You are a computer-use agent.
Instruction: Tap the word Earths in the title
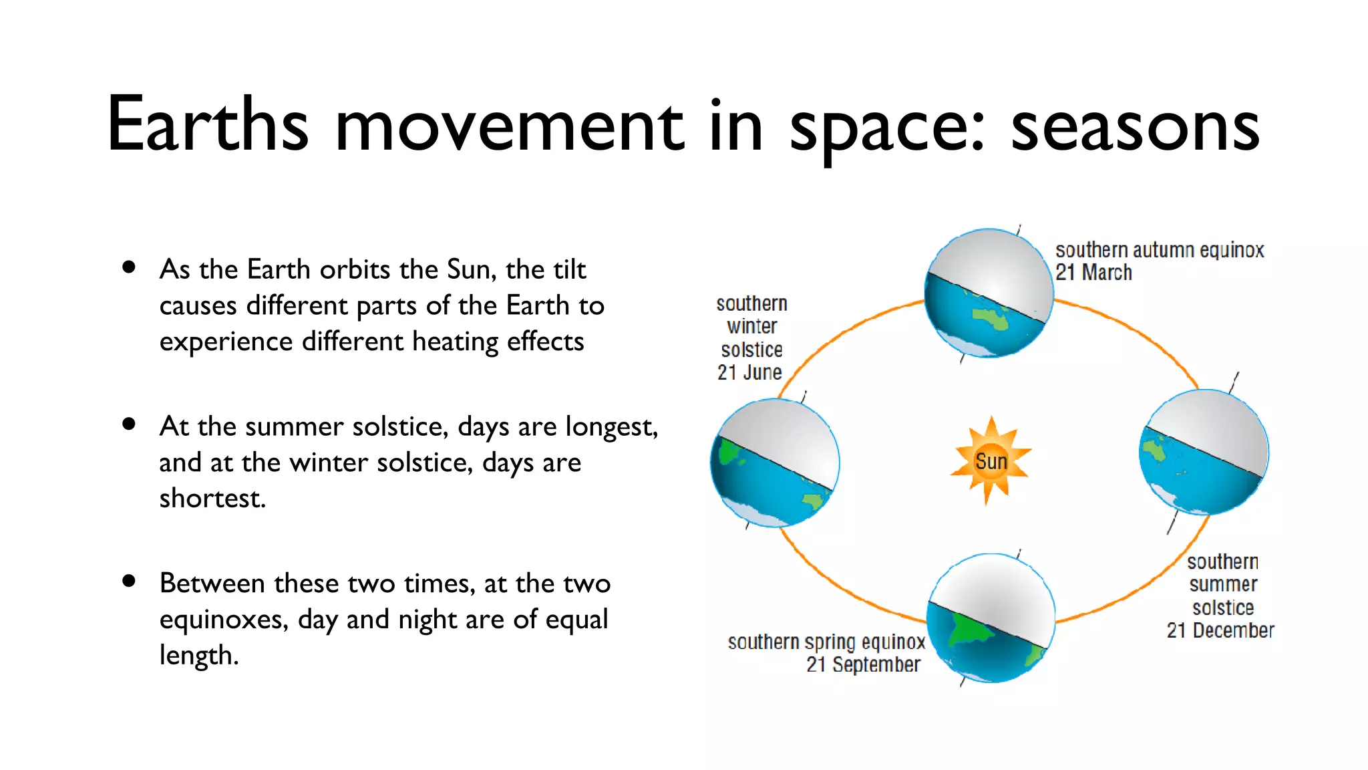(x=208, y=124)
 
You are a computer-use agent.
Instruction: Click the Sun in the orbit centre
(x=991, y=461)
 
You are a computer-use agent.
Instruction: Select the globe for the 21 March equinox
(x=989, y=293)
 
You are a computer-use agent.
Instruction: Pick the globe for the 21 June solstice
(x=775, y=463)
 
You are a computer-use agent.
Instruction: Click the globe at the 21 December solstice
(x=1204, y=453)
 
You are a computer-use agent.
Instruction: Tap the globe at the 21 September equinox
(x=991, y=618)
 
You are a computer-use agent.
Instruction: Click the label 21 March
(x=1093, y=273)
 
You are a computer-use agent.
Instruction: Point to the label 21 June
(x=749, y=372)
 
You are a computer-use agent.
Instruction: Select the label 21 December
(x=1220, y=630)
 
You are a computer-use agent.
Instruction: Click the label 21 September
(x=863, y=664)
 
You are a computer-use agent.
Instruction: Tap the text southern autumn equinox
(x=1160, y=250)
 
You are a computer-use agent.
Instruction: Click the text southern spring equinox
(x=826, y=642)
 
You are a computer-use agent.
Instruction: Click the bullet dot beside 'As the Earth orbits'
(x=129, y=267)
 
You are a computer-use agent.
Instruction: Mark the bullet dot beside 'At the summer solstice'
(x=129, y=424)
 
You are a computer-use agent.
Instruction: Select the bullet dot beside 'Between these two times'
(x=129, y=581)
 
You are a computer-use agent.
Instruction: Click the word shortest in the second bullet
(x=212, y=498)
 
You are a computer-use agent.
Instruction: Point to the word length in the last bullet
(x=198, y=655)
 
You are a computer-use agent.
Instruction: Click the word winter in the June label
(x=752, y=326)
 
